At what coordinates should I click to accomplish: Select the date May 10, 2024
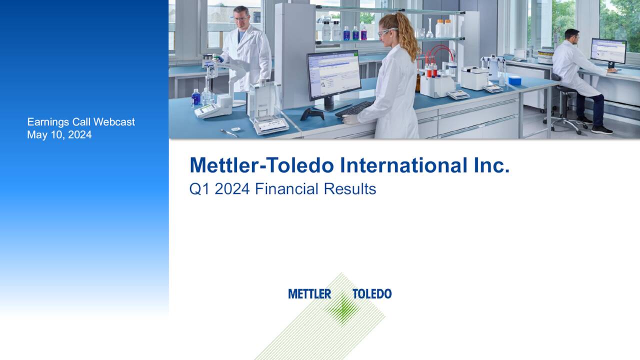click(x=59, y=134)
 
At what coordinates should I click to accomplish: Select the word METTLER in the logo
click(x=309, y=294)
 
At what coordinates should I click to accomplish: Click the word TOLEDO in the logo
click(x=372, y=294)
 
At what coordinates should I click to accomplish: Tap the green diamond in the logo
click(x=342, y=307)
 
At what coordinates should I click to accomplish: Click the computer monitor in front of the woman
click(x=333, y=76)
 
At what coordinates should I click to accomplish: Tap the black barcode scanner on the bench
click(x=311, y=113)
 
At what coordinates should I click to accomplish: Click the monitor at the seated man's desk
click(x=608, y=51)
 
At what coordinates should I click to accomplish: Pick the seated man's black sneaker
click(x=601, y=129)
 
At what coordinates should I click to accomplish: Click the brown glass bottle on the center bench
click(x=418, y=82)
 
